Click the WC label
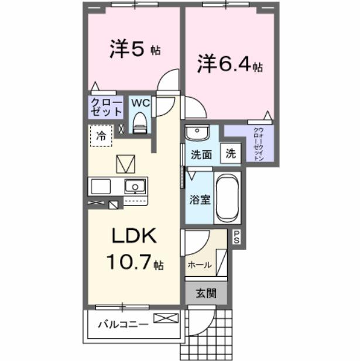coord(140,103)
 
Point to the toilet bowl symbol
coord(139,122)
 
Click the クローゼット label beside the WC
coord(106,107)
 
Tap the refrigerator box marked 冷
coord(101,136)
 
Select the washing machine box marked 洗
coord(231,154)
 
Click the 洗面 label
coord(201,155)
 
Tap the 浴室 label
coord(200,198)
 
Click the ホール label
coord(200,265)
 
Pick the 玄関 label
coord(205,293)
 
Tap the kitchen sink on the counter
coord(135,187)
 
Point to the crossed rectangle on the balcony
coord(166,319)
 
